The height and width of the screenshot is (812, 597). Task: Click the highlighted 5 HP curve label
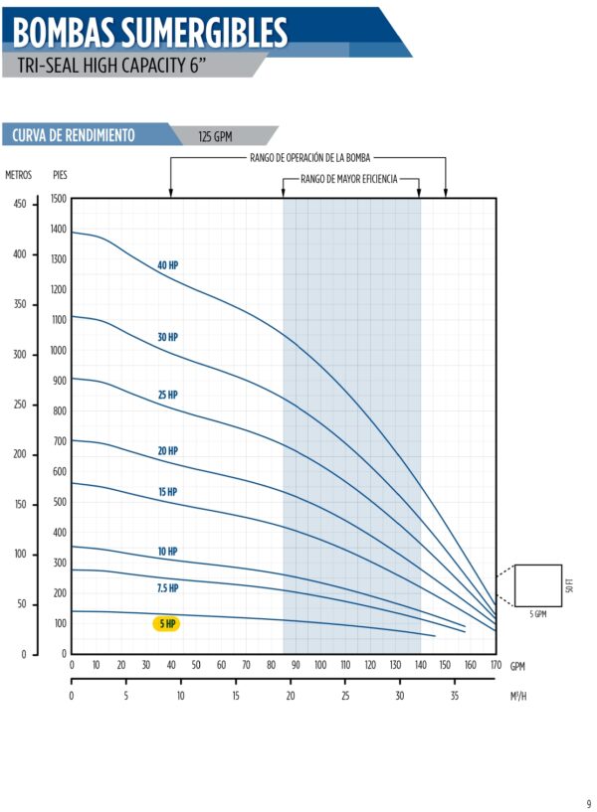click(x=166, y=624)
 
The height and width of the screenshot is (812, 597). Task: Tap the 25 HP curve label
click(x=167, y=395)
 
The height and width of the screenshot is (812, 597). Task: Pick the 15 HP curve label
click(x=167, y=492)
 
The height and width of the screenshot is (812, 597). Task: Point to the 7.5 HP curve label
click(x=167, y=588)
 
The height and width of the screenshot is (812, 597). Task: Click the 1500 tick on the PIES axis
click(x=58, y=199)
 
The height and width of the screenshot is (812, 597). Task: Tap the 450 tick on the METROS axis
click(x=20, y=205)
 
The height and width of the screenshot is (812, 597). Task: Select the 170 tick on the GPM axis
click(x=495, y=665)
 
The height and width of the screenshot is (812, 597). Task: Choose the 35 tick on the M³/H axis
click(x=455, y=697)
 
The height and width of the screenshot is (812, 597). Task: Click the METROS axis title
click(x=19, y=175)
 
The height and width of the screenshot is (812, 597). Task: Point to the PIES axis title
click(x=60, y=175)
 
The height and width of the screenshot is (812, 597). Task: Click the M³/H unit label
click(x=517, y=697)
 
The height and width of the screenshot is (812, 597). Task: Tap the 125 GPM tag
click(x=215, y=136)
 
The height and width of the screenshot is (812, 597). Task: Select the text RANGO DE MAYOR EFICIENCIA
click(x=348, y=179)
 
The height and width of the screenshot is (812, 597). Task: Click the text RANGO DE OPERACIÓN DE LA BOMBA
click(x=310, y=158)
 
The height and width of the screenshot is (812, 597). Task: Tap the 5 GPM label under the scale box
click(x=537, y=615)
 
